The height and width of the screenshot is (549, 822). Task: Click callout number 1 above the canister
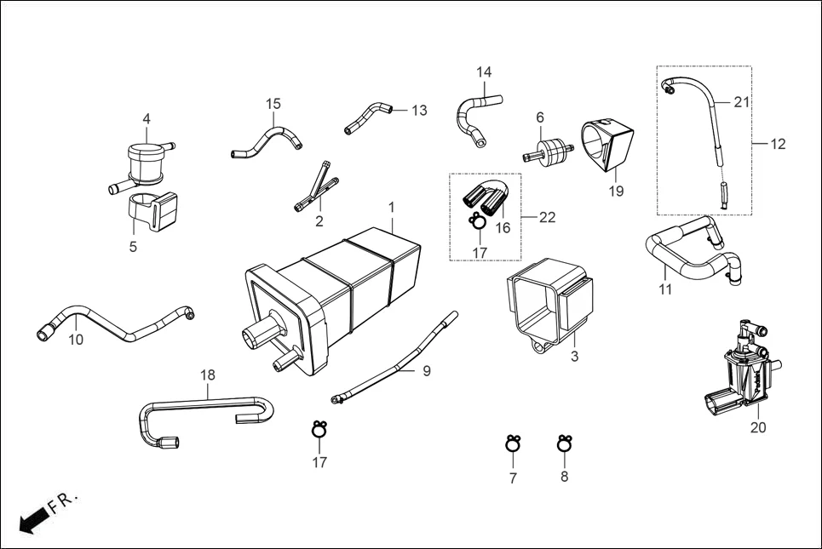(391, 207)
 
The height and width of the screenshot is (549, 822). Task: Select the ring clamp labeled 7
(513, 444)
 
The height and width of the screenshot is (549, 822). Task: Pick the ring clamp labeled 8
(563, 443)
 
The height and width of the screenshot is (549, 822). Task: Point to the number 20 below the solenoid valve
(757, 427)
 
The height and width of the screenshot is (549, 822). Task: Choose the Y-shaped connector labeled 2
(315, 186)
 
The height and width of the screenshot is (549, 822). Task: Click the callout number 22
(547, 218)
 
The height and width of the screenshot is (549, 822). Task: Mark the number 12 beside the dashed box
(778, 144)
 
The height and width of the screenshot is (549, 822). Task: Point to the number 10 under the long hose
(76, 340)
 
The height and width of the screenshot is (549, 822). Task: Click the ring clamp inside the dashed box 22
(478, 223)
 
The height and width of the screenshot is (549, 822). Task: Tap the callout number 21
(741, 102)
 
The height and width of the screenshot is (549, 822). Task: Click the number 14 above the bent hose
(484, 72)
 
